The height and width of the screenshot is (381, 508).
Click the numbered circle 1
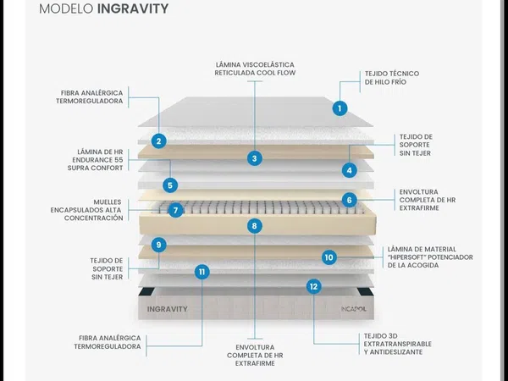[340, 108]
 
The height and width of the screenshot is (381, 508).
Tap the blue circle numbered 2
[159, 141]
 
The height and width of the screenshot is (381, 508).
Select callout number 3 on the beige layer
[255, 158]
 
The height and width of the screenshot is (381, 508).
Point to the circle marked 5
[170, 185]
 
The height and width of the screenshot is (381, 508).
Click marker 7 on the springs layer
[176, 210]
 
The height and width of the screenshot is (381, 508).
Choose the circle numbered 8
[254, 226]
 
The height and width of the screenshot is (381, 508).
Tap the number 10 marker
[329, 257]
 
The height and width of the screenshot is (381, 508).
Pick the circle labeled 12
[313, 286]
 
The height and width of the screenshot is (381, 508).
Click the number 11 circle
[202, 272]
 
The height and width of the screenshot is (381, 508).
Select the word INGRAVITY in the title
[133, 8]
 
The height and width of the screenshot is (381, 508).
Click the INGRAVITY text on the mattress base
[168, 309]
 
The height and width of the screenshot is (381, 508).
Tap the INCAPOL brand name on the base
[353, 309]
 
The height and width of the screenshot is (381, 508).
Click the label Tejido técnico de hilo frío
[392, 78]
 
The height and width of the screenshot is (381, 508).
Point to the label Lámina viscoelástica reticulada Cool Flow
[255, 69]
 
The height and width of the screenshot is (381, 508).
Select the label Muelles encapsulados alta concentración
[87, 210]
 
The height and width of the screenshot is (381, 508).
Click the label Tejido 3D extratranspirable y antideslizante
[398, 344]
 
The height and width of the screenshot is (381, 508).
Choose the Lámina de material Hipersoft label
[430, 257]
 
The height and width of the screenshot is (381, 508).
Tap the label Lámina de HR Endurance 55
[95, 160]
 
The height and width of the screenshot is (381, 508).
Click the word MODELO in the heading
[66, 8]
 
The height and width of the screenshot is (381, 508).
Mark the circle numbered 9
[159, 245]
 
